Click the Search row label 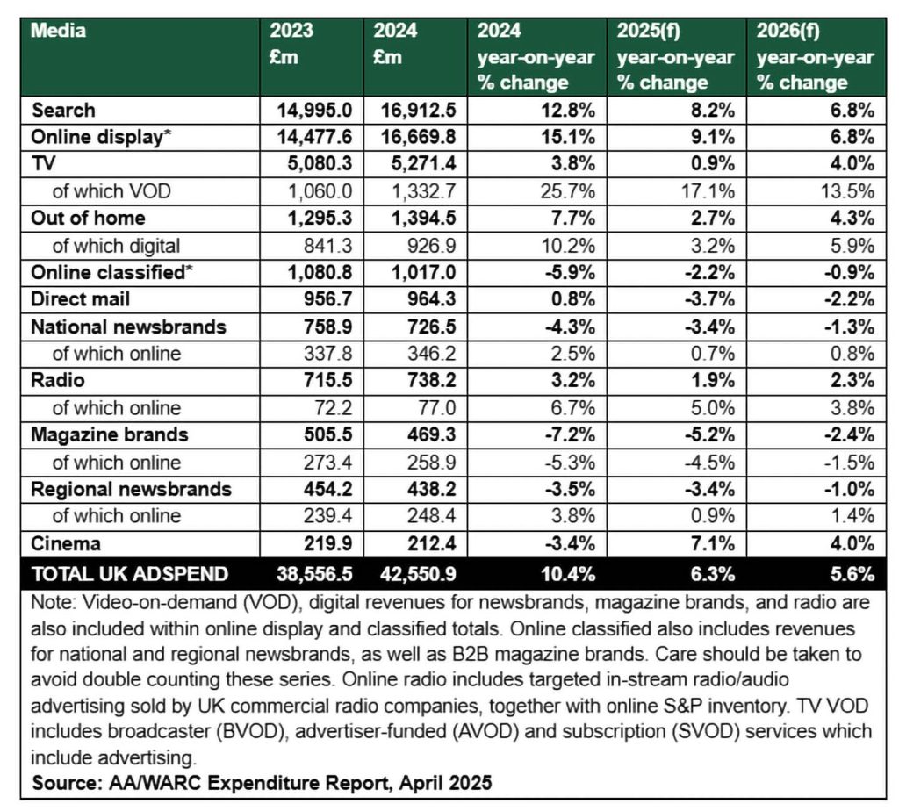[x=63, y=110]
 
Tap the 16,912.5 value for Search [x=418, y=110]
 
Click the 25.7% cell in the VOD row [x=568, y=190]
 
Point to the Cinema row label [x=65, y=543]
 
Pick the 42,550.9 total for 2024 [x=418, y=574]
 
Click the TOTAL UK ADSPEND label [x=130, y=574]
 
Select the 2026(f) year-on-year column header [x=815, y=56]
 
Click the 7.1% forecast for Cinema [x=713, y=543]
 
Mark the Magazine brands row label [x=109, y=434]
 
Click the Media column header [x=58, y=31]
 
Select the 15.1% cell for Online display [x=568, y=137]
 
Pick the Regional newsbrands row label [x=131, y=489]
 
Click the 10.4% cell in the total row [x=568, y=574]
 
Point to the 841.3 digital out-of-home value [x=328, y=246]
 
